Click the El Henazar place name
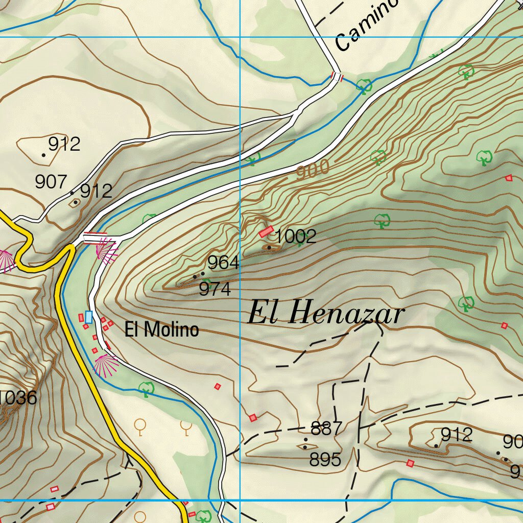[x=326, y=312]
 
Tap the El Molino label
[x=161, y=329]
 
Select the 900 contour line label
[x=313, y=171]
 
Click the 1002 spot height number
[x=296, y=236]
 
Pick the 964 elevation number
[x=223, y=263]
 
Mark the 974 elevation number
[x=215, y=290]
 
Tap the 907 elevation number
[x=51, y=181]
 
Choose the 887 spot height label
[x=326, y=429]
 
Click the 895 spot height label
[x=325, y=460]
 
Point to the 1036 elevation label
[x=18, y=398]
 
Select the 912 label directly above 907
[x=64, y=144]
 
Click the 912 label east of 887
[x=457, y=435]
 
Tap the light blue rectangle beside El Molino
[x=89, y=317]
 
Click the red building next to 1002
[x=266, y=232]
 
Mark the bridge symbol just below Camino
[x=337, y=77]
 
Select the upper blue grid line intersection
[x=240, y=37]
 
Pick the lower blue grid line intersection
[x=240, y=500]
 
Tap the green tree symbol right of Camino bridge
[x=364, y=86]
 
